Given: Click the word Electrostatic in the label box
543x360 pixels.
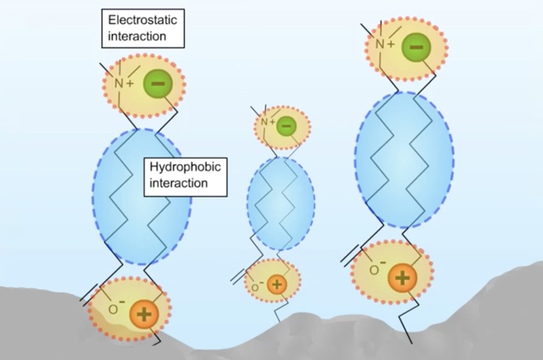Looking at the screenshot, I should coord(143,20).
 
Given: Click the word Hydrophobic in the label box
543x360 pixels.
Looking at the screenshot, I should coord(185,167).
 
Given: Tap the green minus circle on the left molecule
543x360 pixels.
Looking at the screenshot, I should coord(158,84).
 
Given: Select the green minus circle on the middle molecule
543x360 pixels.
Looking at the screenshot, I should coord(286,126).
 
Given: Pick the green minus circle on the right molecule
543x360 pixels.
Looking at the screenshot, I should coord(416,47).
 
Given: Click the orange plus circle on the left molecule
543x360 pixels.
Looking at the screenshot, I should coord(144,314).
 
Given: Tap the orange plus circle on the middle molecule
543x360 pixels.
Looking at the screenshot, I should coord(277,284).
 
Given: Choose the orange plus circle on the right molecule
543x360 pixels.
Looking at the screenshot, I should coord(402,278).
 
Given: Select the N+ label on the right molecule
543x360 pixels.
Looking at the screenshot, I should coord(384,44).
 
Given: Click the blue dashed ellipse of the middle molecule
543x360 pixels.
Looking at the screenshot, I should coord(281,204).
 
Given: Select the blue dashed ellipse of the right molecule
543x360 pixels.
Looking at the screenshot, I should coord(404,160).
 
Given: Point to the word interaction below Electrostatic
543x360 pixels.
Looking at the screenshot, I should coord(137,36).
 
